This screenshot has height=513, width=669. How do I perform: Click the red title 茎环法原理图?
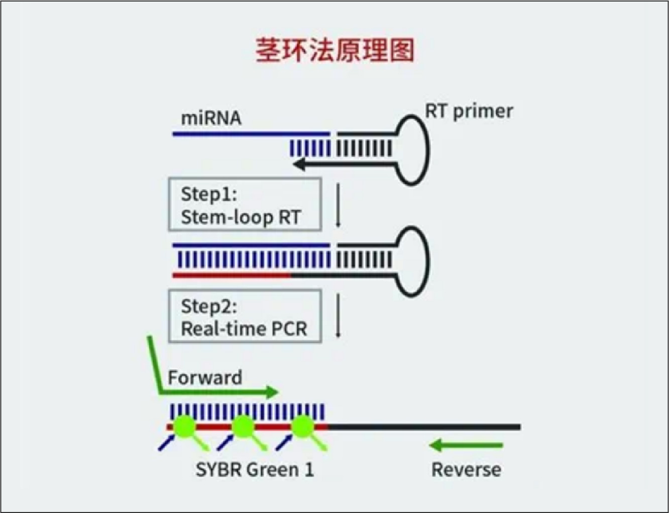pos(335,51)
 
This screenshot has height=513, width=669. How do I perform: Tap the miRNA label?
pos(211,118)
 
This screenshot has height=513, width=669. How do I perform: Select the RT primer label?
pos(469,111)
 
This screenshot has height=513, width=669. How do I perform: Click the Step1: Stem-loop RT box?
pos(245,205)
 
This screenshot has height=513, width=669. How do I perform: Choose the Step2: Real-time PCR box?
pos(245,316)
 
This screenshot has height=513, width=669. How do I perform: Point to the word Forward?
pos(205,377)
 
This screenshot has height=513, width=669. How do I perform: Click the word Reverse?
pos(466,469)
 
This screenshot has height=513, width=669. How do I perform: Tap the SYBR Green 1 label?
pos(255,469)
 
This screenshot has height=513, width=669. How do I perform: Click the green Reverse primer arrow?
pos(466,445)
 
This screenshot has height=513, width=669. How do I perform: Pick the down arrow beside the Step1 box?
pos(338,205)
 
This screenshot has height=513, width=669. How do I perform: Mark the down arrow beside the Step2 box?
pos(338,316)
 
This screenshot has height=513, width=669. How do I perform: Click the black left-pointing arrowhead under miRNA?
pos(299,163)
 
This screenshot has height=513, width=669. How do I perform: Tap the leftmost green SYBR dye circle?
pos(185,426)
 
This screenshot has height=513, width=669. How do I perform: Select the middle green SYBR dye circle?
pos(244,426)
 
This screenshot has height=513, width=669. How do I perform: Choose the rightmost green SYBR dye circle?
pos(302,426)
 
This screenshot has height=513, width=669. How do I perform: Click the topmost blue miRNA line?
pos(251,134)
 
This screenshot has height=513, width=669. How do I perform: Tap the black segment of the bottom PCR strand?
pos(424,427)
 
